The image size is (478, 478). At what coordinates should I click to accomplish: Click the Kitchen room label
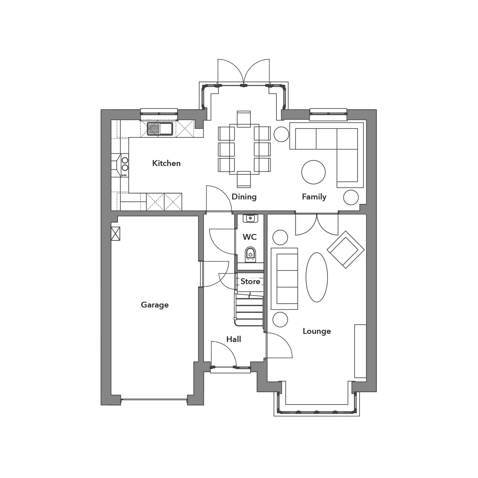coord(166,163)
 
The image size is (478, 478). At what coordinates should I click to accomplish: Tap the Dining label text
coord(244,197)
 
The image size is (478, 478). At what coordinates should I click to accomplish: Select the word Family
coord(314,197)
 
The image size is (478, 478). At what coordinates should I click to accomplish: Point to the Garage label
coord(155,305)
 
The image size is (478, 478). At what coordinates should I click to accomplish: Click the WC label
coord(250,237)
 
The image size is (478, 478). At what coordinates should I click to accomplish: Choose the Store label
coord(250,281)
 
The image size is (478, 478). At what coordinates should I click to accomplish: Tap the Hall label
coord(234,339)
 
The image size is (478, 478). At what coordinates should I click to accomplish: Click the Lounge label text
coord(317,331)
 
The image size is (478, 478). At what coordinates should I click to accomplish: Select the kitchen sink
coord(160,129)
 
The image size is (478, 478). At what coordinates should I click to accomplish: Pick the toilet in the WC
coord(250,254)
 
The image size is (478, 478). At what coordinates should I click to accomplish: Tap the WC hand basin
coord(250,218)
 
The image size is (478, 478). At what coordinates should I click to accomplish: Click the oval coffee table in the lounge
coord(317,277)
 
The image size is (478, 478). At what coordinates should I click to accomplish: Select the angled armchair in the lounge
coord(345,250)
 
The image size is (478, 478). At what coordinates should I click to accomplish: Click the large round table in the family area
coord(313,172)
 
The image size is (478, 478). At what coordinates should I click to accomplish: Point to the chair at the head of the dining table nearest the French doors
coord(244,119)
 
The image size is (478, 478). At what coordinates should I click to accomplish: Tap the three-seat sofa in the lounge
coord(284,279)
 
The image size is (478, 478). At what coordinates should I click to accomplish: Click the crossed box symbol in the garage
coord(116,234)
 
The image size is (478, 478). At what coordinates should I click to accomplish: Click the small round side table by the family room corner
coord(351,198)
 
